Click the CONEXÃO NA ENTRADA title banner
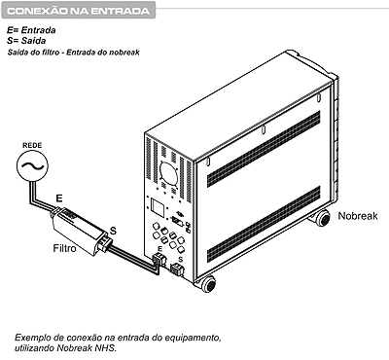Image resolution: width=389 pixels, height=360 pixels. point(78,11)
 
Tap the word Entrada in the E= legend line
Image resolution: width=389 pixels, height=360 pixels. point(38,30)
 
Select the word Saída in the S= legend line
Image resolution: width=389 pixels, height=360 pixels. point(33,41)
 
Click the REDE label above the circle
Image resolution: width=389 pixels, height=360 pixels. point(32,145)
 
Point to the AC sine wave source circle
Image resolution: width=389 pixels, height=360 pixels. point(32,165)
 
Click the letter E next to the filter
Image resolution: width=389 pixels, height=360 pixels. point(59,198)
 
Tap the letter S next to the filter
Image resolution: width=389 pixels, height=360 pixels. point(113,231)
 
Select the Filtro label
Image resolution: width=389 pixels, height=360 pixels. point(64,248)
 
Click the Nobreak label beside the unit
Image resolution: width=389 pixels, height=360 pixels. point(358,216)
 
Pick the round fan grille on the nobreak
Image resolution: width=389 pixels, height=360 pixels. point(168,173)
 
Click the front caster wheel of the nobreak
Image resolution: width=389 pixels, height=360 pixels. point(208,285)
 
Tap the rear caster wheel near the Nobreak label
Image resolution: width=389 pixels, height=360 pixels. point(322,218)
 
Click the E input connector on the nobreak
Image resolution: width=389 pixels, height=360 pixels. point(159,260)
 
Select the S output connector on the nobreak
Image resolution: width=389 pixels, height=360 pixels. point(177,270)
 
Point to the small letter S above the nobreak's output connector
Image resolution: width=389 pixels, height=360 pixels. point(181,260)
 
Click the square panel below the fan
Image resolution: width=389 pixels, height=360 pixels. point(158,208)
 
